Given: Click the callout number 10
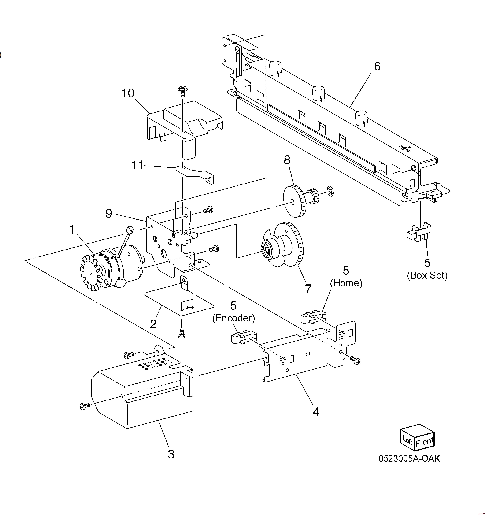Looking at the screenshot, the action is pos(128,93).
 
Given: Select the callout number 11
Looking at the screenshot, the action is pos(138,165).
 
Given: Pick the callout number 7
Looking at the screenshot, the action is pos(308,289).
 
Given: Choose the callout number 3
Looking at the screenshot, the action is pos(171,454).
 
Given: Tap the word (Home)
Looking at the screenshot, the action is pos(346,283).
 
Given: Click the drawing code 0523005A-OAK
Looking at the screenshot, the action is pos(409,458).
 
